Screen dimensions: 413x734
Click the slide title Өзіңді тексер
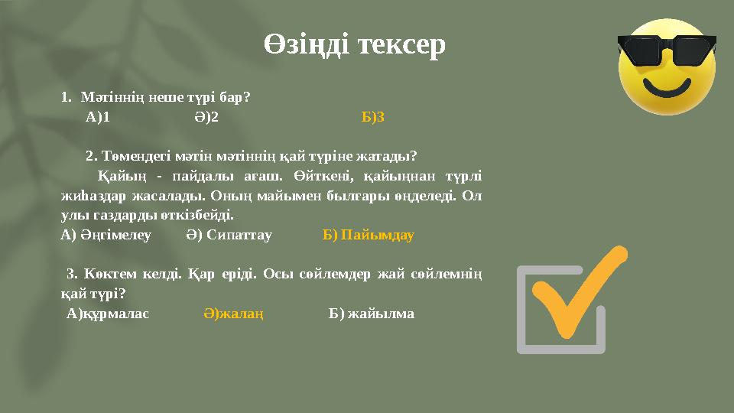[x=355, y=45]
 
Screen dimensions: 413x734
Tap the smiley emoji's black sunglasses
[x=666, y=50]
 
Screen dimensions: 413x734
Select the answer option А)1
[x=98, y=117]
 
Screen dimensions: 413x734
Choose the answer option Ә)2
[x=206, y=117]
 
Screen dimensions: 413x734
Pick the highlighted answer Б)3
[x=373, y=117]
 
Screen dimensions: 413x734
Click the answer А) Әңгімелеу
[x=106, y=234]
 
